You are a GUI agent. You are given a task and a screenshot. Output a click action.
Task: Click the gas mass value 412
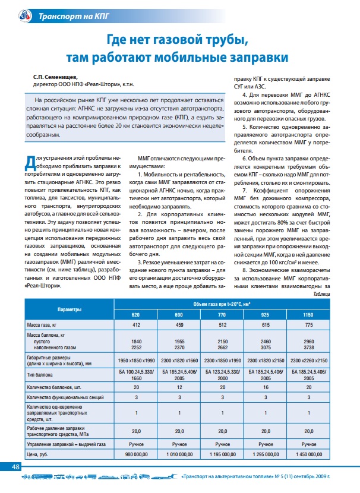(135, 325)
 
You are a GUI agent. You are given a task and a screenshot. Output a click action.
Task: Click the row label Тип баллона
(42, 375)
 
